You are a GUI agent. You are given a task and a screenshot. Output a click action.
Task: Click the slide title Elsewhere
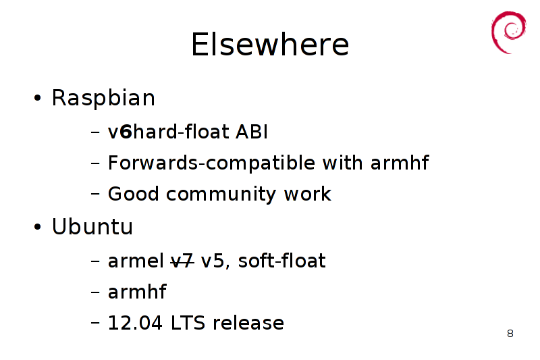(270, 44)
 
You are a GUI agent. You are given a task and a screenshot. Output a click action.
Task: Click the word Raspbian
(103, 98)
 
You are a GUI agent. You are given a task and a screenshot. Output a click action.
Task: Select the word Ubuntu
(92, 227)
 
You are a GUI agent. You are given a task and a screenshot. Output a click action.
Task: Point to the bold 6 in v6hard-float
(126, 132)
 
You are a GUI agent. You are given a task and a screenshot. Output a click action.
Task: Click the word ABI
(251, 132)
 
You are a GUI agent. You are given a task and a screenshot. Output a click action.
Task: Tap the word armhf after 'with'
(400, 163)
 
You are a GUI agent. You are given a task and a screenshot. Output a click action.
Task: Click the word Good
(134, 194)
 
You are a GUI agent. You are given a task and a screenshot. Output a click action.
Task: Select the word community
(221, 195)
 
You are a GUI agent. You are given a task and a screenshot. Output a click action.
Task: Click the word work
(307, 194)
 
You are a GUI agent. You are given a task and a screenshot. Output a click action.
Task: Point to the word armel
(136, 261)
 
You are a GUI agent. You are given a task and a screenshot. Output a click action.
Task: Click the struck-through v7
(182, 261)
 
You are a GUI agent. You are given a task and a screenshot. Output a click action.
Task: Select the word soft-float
(281, 261)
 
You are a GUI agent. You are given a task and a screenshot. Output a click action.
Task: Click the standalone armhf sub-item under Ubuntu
(137, 292)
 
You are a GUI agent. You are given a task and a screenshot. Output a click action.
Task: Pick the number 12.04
(135, 323)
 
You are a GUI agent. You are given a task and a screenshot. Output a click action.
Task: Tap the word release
(248, 323)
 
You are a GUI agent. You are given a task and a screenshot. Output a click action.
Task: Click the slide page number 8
(510, 334)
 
